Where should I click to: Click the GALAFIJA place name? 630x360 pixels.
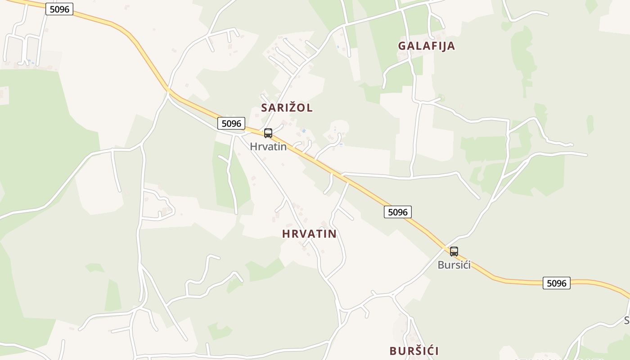pyautogui.click(x=426, y=46)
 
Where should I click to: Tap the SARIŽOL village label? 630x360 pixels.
pyautogui.click(x=287, y=108)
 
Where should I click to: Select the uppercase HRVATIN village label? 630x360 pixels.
pyautogui.click(x=309, y=234)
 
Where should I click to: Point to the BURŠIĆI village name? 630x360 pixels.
pyautogui.click(x=414, y=351)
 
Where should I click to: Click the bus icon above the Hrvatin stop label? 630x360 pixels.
pyautogui.click(x=268, y=133)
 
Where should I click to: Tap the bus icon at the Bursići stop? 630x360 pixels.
pyautogui.click(x=454, y=252)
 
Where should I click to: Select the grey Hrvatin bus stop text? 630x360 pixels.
pyautogui.click(x=268, y=147)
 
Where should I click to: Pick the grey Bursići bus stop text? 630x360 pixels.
pyautogui.click(x=454, y=265)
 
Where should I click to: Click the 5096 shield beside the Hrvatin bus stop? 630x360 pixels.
pyautogui.click(x=232, y=123)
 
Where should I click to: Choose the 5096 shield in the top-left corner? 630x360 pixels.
pyautogui.click(x=59, y=9)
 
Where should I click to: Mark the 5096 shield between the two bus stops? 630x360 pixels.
pyautogui.click(x=398, y=212)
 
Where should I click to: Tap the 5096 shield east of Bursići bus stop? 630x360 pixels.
pyautogui.click(x=556, y=283)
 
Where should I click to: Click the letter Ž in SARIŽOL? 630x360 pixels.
pyautogui.click(x=291, y=108)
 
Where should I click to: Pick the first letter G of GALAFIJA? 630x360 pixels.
pyautogui.click(x=402, y=46)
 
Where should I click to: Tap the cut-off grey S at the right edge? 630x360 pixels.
pyautogui.click(x=627, y=320)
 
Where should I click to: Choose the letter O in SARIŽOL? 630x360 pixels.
pyautogui.click(x=300, y=108)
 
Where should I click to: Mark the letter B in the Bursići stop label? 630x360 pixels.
pyautogui.click(x=441, y=265)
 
